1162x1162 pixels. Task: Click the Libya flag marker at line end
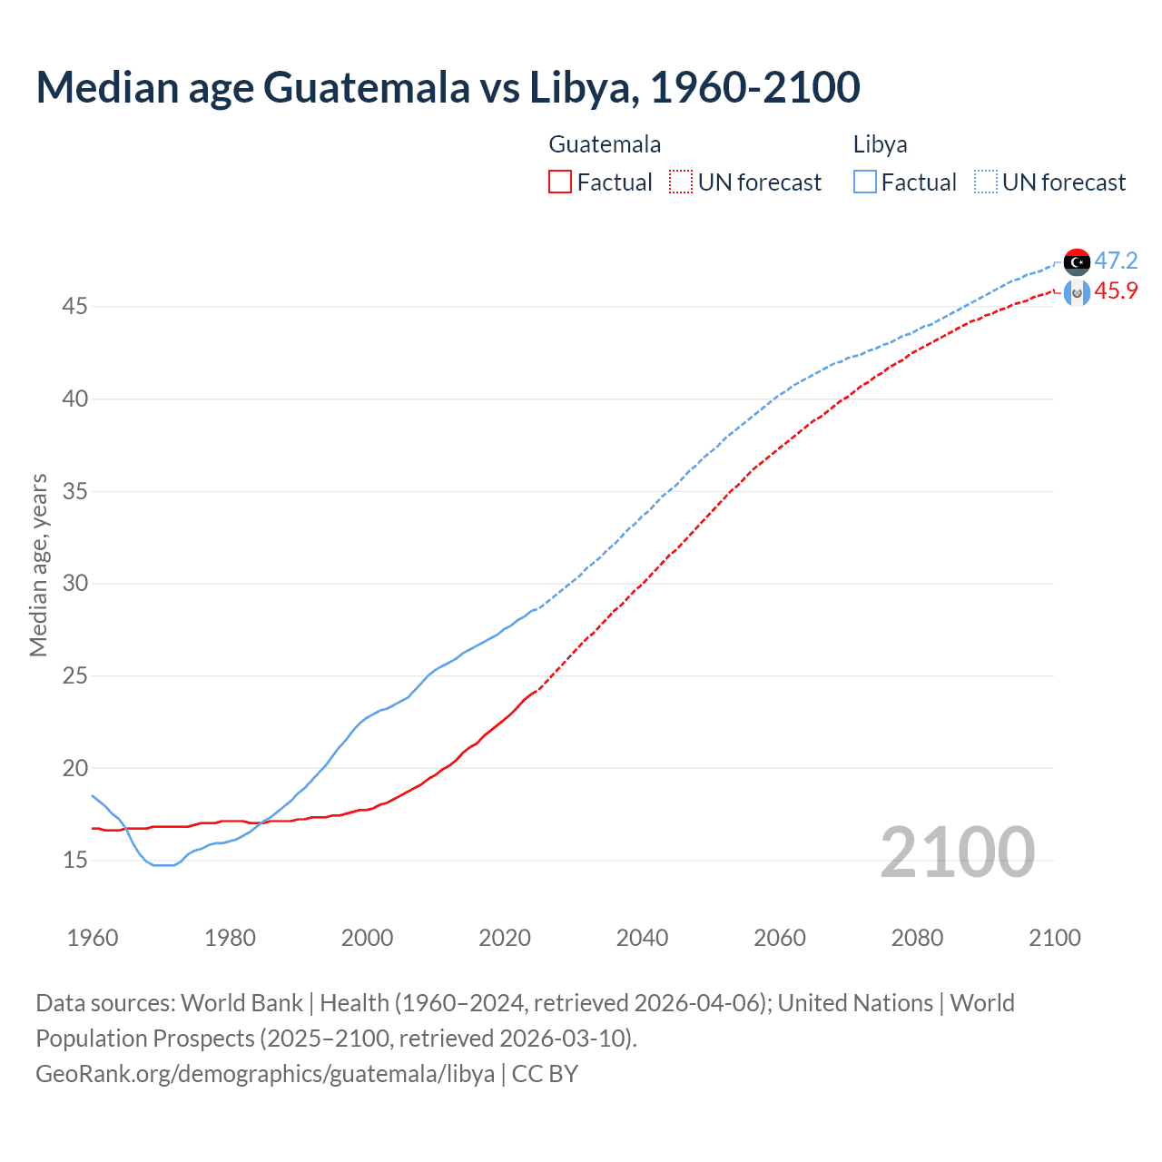click(x=1077, y=261)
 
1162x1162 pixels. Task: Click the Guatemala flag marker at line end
click(x=1077, y=292)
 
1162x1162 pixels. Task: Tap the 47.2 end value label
click(x=1116, y=261)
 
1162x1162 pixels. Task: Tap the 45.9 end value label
click(x=1116, y=291)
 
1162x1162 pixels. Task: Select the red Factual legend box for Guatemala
click(x=560, y=182)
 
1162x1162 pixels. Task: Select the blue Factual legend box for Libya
click(x=864, y=182)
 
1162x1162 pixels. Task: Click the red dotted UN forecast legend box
click(x=681, y=182)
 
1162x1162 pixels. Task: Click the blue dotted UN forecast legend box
click(x=985, y=182)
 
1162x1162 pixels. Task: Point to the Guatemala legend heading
click(x=605, y=144)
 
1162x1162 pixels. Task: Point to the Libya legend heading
click(x=880, y=144)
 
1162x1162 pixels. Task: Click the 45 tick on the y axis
click(x=74, y=307)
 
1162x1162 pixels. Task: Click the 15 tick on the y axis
click(x=74, y=860)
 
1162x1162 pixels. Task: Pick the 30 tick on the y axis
click(x=74, y=583)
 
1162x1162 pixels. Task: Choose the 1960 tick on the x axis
click(x=93, y=938)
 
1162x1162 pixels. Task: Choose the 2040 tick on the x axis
click(x=642, y=938)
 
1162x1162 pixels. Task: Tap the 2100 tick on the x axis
click(x=1054, y=938)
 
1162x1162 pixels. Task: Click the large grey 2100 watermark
click(x=957, y=852)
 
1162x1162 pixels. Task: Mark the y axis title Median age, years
click(x=38, y=565)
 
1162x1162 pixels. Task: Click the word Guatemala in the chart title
click(x=367, y=87)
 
